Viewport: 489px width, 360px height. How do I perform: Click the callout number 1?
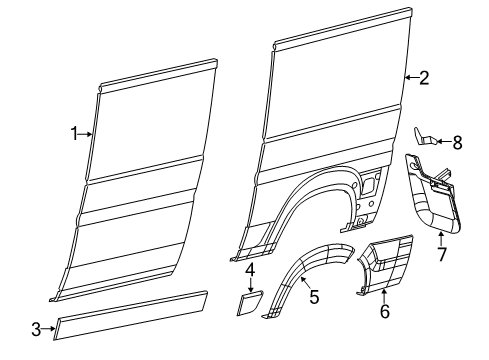click(74, 132)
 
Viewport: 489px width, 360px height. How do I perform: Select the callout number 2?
click(424, 77)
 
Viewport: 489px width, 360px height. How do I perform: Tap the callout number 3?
click(36, 327)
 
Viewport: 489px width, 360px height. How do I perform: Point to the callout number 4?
click(250, 270)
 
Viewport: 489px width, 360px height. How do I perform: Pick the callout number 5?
click(313, 297)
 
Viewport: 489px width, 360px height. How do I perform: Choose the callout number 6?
click(384, 311)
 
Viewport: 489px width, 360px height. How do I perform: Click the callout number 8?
click(457, 142)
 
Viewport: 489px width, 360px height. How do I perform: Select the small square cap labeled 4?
click(249, 302)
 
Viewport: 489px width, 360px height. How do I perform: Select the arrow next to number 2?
click(410, 77)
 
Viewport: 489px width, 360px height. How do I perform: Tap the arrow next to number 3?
click(50, 327)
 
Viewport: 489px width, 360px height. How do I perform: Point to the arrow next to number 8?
click(443, 142)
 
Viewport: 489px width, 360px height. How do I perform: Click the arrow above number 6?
click(384, 294)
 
